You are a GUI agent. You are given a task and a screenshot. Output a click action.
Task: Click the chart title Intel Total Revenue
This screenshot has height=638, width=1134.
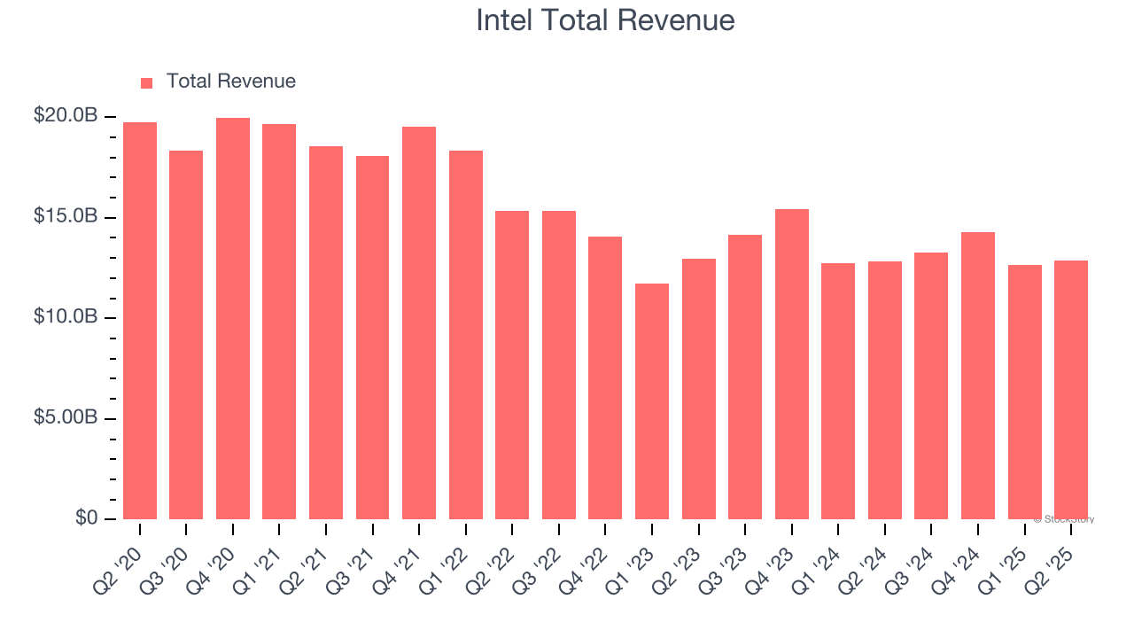pyautogui.click(x=605, y=20)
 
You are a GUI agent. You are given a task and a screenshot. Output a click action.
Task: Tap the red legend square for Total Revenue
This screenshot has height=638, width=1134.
pyautogui.click(x=147, y=82)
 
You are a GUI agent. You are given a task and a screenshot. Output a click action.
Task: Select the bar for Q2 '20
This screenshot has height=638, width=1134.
pyautogui.click(x=140, y=321)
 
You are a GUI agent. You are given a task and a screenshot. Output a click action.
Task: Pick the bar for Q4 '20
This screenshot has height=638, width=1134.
pyautogui.click(x=233, y=319)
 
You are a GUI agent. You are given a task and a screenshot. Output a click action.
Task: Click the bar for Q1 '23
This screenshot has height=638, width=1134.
pyautogui.click(x=652, y=401)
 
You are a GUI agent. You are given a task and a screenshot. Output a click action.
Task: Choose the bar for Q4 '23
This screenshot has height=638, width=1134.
pyautogui.click(x=792, y=364)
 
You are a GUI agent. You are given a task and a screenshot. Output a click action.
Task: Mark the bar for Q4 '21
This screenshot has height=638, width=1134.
pyautogui.click(x=419, y=323)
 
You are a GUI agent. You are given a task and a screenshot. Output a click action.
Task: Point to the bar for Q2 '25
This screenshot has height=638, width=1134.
pyautogui.click(x=1071, y=390)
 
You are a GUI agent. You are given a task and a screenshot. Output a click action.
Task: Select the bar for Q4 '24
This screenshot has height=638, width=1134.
pyautogui.click(x=978, y=376)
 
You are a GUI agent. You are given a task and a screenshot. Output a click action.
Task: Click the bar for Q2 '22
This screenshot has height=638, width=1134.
pyautogui.click(x=512, y=365)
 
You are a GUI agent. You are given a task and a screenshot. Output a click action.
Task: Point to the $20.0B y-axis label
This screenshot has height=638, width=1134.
pyautogui.click(x=66, y=116)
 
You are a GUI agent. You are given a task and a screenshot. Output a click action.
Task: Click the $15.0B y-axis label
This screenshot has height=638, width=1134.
pyautogui.click(x=66, y=216)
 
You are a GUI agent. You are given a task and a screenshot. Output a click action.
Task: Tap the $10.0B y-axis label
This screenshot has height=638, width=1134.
pyautogui.click(x=66, y=317)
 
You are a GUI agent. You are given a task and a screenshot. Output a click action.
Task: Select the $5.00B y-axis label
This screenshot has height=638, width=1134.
pyautogui.click(x=66, y=417)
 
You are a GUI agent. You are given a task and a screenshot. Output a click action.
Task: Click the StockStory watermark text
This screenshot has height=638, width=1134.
pyautogui.click(x=1065, y=519)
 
